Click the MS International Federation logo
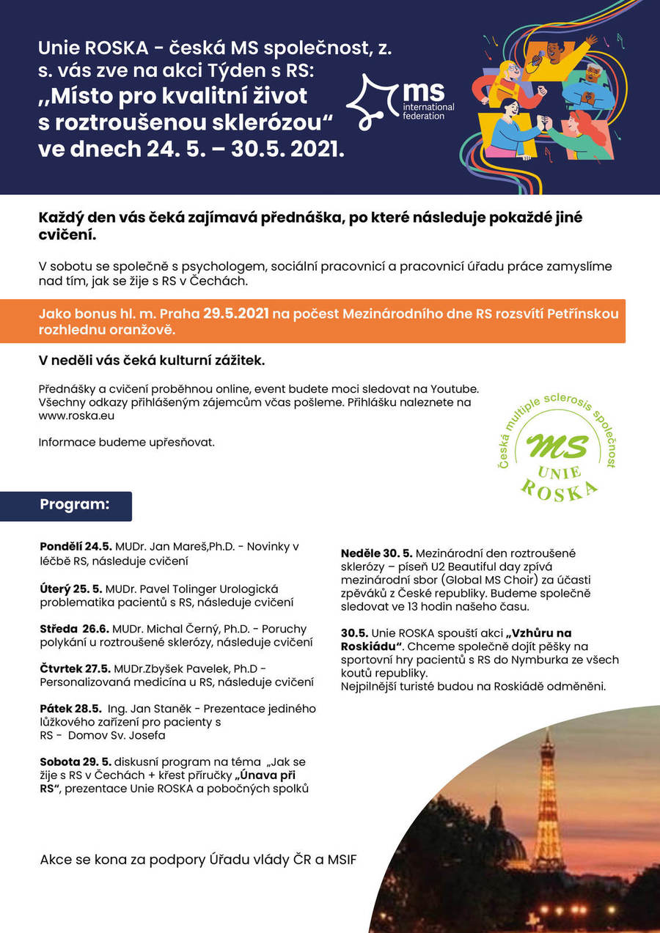click(400, 101)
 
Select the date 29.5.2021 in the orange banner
click(237, 314)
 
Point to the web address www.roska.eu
click(76, 415)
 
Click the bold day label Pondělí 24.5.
click(76, 547)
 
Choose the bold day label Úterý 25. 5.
click(71, 589)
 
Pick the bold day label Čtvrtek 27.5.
click(75, 669)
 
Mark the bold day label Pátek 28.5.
click(70, 709)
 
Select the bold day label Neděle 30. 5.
click(376, 552)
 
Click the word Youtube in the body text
click(457, 388)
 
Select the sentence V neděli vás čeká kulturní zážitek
click(152, 361)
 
